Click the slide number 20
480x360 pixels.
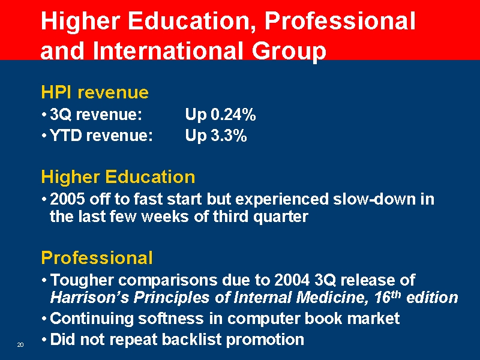click(x=20, y=344)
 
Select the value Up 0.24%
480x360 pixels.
click(x=221, y=114)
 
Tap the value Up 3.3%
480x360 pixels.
click(x=216, y=136)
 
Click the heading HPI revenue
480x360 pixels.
click(x=95, y=92)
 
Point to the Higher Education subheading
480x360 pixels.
click(x=118, y=177)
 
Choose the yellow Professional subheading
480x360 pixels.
click(x=97, y=258)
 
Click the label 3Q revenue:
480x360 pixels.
click(x=97, y=114)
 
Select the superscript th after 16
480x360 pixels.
click(x=397, y=293)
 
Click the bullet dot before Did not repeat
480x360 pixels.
click(x=45, y=340)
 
